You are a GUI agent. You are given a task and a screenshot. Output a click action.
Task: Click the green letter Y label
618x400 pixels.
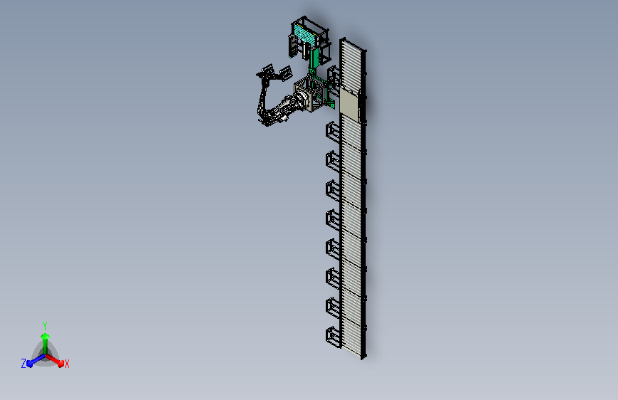click(45, 326)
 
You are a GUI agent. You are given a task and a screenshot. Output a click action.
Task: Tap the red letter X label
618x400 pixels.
click(66, 364)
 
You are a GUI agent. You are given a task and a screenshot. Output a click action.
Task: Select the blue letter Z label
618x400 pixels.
click(24, 364)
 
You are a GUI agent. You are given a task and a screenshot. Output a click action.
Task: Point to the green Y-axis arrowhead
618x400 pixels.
click(45, 336)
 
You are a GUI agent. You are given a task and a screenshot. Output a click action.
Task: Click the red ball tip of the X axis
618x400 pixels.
click(61, 364)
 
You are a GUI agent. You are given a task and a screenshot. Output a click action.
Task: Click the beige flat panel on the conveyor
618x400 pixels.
click(349, 104)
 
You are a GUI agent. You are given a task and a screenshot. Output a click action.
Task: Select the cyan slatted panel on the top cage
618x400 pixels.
click(307, 34)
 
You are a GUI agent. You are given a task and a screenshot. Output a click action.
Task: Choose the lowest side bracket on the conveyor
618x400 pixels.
click(333, 337)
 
